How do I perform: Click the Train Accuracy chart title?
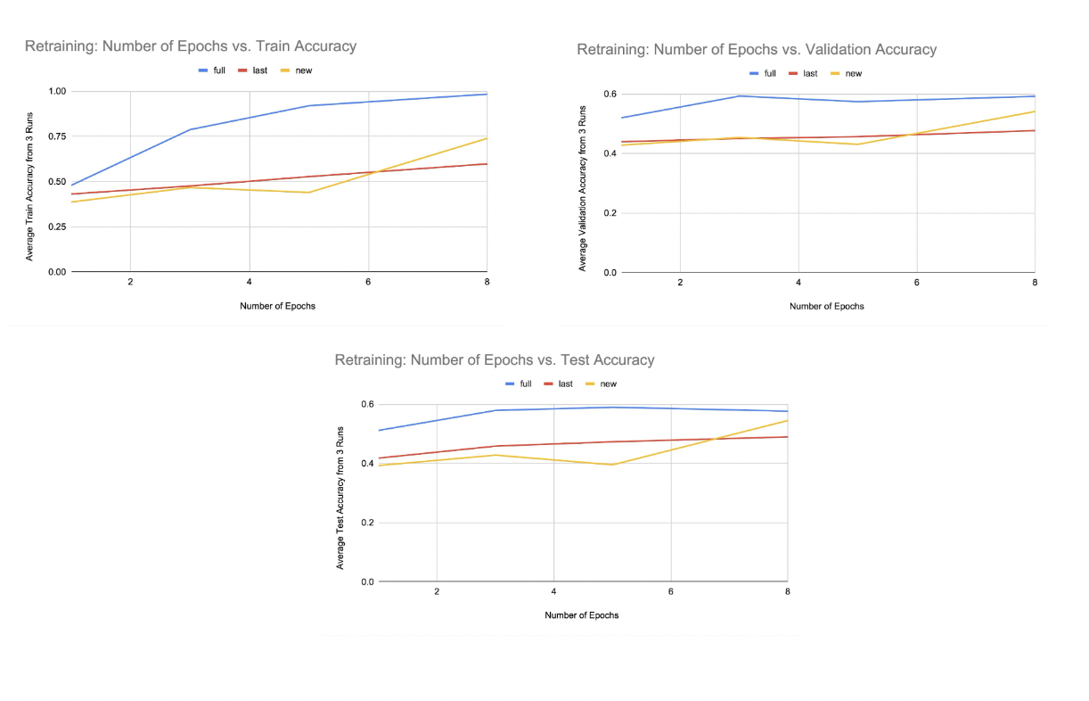(190, 46)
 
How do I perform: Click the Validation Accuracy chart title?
(756, 50)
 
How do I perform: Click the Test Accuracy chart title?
(494, 360)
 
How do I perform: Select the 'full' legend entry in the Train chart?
(211, 70)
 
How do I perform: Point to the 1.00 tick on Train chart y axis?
(55, 91)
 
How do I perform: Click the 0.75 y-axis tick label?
(55, 136)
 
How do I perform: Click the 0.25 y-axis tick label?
(55, 227)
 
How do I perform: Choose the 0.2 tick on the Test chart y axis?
(366, 523)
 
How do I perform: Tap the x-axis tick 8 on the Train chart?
(487, 281)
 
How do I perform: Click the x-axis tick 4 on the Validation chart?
(798, 282)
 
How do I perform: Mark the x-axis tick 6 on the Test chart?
(670, 591)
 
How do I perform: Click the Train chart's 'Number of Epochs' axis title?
(277, 306)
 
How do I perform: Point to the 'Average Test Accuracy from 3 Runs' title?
(340, 498)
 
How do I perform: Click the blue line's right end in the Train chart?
(487, 94)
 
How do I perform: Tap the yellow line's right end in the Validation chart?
(1034, 111)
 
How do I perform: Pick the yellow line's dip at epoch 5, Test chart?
(613, 465)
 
